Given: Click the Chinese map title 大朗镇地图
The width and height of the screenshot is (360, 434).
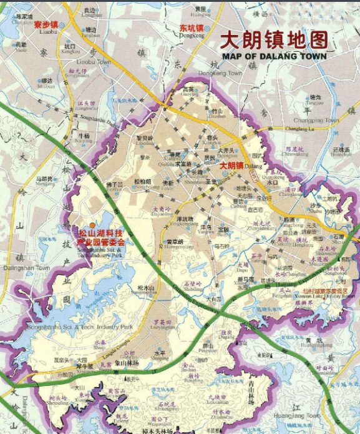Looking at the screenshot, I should [275, 40].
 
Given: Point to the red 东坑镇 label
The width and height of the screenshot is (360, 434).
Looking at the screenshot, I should [192, 29].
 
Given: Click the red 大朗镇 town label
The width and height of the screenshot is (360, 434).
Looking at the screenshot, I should [233, 165].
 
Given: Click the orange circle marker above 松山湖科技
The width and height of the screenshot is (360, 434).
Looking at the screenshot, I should [92, 224].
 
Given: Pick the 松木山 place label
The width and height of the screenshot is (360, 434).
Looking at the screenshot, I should [144, 288].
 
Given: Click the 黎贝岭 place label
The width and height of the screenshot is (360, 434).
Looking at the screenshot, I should [144, 138].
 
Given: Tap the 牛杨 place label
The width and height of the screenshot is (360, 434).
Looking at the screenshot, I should [84, 136].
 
